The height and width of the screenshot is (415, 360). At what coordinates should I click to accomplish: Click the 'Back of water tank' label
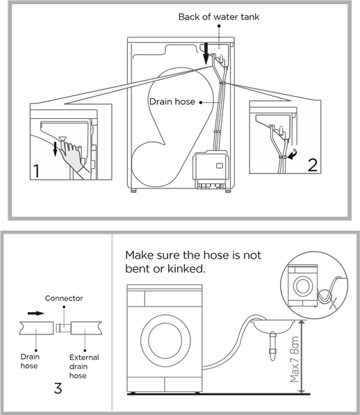point(219,17)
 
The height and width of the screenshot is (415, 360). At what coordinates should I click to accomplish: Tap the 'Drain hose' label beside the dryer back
point(172,101)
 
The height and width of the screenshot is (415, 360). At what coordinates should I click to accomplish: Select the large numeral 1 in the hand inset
point(36,171)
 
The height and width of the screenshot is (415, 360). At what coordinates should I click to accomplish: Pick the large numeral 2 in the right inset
point(312,165)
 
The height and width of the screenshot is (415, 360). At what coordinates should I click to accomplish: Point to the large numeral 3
point(58,389)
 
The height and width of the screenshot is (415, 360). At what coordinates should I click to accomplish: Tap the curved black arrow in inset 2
point(293,154)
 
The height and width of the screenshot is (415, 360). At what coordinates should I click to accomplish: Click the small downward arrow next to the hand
point(55,149)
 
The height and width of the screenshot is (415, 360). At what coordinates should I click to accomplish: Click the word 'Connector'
point(64,298)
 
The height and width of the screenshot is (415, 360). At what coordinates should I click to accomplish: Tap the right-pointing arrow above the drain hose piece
point(36,314)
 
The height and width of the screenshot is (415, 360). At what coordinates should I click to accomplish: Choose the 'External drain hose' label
point(84,366)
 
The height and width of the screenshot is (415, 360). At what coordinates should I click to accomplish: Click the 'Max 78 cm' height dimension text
point(295,359)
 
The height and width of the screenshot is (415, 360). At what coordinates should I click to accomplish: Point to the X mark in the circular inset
point(334,303)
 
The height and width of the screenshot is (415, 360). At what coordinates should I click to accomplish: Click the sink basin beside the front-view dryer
point(274,325)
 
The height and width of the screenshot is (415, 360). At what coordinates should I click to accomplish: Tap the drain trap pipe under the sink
point(272,346)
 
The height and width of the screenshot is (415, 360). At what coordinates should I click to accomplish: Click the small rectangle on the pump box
point(220,165)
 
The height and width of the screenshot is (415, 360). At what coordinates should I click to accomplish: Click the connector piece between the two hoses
point(63,328)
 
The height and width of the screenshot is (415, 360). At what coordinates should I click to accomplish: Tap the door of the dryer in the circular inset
point(303,286)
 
